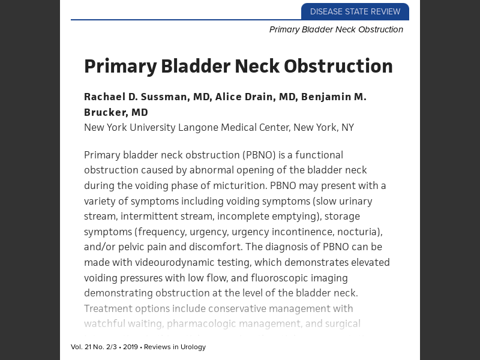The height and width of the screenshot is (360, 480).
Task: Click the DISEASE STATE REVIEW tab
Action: tap(355, 11)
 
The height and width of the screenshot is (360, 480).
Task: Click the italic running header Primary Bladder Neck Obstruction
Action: tap(336, 29)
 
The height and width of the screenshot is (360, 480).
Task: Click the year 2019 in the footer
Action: tap(130, 347)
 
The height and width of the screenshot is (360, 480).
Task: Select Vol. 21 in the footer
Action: tap(80, 347)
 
